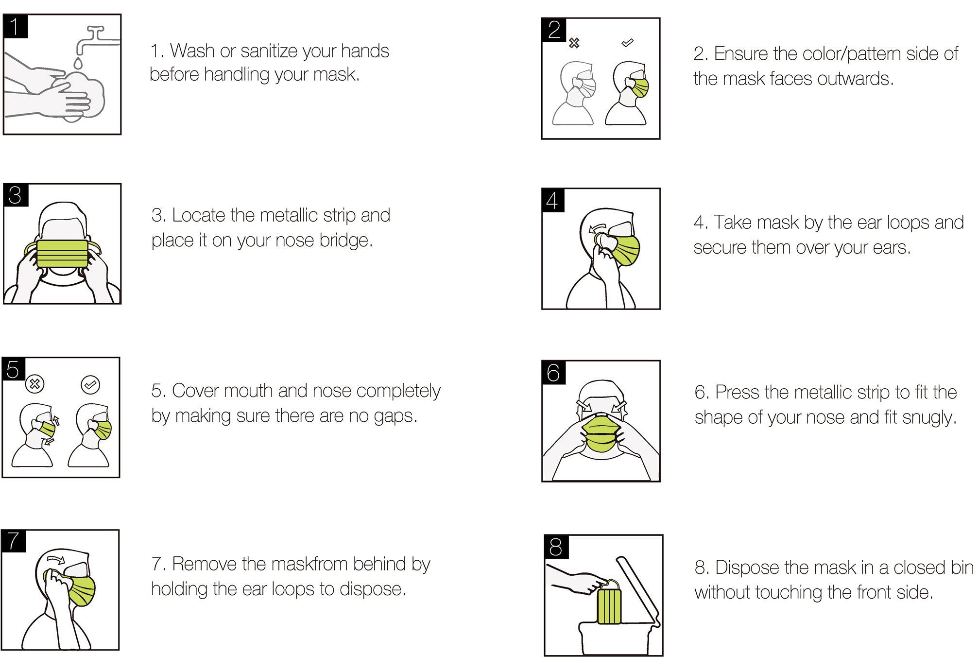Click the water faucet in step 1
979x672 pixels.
97,41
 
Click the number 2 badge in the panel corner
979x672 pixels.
553,30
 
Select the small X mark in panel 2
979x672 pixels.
574,43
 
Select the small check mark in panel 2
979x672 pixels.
627,43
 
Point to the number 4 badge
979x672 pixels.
553,200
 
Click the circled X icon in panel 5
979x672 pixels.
34,385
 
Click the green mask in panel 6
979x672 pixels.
602,433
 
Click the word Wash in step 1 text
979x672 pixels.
192,51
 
